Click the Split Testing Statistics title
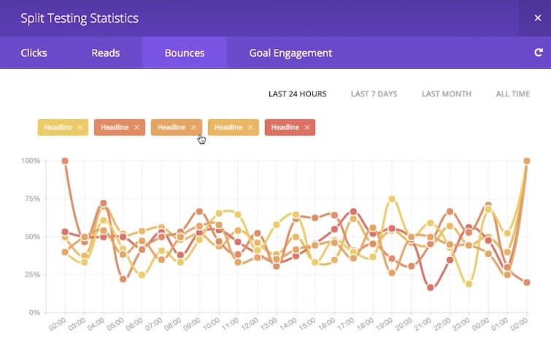coord(79,18)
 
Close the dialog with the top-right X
coord(538,18)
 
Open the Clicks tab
coord(34,53)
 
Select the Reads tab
coord(106,53)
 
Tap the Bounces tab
coord(185,53)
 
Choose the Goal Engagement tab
coord(290,53)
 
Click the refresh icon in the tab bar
coord(539,53)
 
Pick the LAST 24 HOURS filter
coord(297,94)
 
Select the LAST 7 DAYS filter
coord(374,94)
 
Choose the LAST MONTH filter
coord(447,94)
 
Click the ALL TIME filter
coord(512,94)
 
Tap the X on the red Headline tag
coord(307,127)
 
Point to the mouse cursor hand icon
coord(201,138)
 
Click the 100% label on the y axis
coord(31,161)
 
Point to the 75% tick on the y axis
coord(32,199)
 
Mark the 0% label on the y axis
coord(34,313)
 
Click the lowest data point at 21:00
coord(431,288)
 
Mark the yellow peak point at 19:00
coord(392,199)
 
